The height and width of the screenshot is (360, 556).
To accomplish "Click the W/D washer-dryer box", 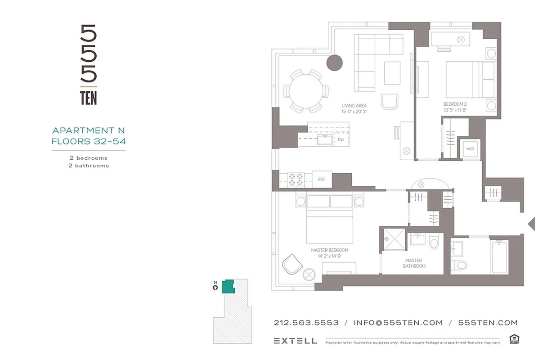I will (470, 148).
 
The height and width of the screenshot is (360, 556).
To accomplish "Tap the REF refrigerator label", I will (322, 179).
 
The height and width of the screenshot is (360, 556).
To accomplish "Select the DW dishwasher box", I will (341, 139).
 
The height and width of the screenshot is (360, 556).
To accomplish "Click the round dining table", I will (305, 91).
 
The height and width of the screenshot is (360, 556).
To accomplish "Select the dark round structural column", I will (334, 63).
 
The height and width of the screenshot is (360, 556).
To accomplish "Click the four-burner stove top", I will (296, 180).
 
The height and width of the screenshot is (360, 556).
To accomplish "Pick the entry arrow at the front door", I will (531, 223).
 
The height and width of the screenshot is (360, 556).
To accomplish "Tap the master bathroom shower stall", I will (394, 239).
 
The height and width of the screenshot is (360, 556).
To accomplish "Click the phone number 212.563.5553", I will (306, 323).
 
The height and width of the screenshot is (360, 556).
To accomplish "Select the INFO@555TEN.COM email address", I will (398, 323).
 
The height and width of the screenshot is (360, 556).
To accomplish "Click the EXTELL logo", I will (295, 341).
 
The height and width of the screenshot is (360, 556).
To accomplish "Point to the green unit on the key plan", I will (229, 287).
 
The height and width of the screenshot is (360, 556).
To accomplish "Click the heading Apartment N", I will (89, 130).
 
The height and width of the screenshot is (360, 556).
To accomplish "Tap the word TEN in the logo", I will (89, 98).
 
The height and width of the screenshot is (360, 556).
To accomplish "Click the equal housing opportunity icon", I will (514, 339).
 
